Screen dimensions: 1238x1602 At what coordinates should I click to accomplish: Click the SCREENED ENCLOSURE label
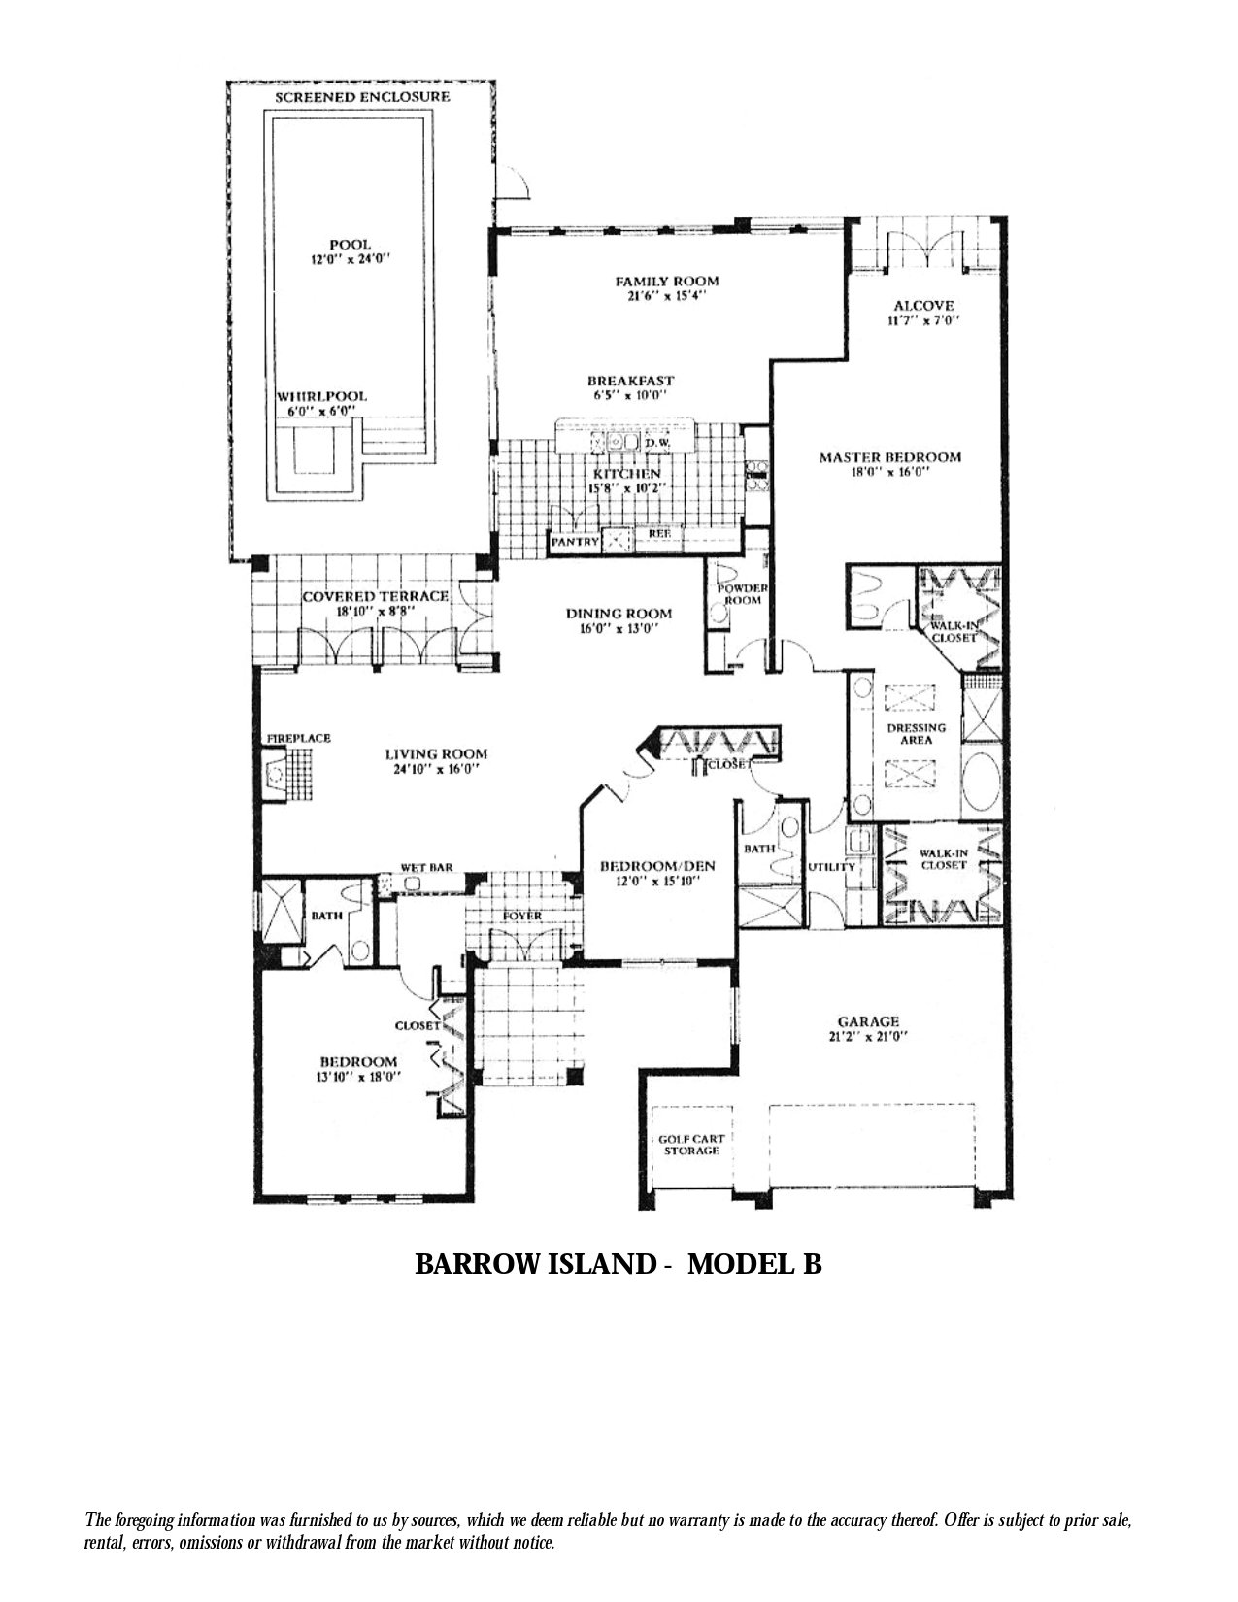click(362, 97)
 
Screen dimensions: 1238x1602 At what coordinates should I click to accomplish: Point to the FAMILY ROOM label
click(666, 281)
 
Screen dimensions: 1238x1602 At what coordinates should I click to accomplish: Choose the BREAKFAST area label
click(630, 382)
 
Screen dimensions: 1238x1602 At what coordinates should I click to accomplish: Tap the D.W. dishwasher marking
click(656, 443)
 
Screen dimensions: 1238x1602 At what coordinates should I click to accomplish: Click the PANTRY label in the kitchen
click(575, 542)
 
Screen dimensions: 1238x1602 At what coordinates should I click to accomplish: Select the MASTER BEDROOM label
click(890, 457)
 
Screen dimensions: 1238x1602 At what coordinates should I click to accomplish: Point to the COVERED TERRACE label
click(376, 596)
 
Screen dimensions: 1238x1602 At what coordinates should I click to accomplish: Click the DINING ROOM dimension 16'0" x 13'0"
click(619, 628)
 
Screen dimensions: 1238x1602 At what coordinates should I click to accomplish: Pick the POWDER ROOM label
click(743, 594)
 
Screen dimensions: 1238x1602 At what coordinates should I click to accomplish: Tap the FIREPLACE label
click(299, 738)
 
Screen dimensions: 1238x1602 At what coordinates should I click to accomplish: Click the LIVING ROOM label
click(437, 753)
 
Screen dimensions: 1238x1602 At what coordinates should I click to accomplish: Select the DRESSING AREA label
click(917, 733)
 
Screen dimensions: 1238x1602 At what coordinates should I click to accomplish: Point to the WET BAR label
click(426, 868)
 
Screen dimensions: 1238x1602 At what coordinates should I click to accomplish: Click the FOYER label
click(522, 916)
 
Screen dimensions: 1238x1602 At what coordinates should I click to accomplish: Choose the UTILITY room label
click(832, 866)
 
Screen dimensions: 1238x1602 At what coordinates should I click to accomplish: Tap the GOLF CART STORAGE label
click(691, 1144)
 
